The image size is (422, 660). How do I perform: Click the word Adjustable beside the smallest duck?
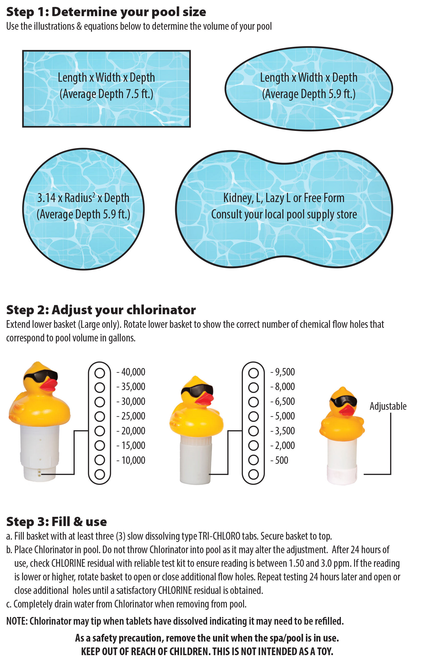coord(388,406)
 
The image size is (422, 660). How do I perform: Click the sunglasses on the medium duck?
coord(197,390)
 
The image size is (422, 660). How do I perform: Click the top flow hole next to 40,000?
coord(100,373)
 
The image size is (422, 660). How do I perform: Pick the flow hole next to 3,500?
coord(253,431)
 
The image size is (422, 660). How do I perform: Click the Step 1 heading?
coord(106,12)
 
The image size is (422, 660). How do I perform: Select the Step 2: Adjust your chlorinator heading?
coord(101,310)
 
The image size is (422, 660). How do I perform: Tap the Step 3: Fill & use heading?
coord(57,521)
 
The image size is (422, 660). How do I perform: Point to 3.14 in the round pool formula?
coord(46,198)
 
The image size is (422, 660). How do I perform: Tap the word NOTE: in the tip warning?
coord(17,621)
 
